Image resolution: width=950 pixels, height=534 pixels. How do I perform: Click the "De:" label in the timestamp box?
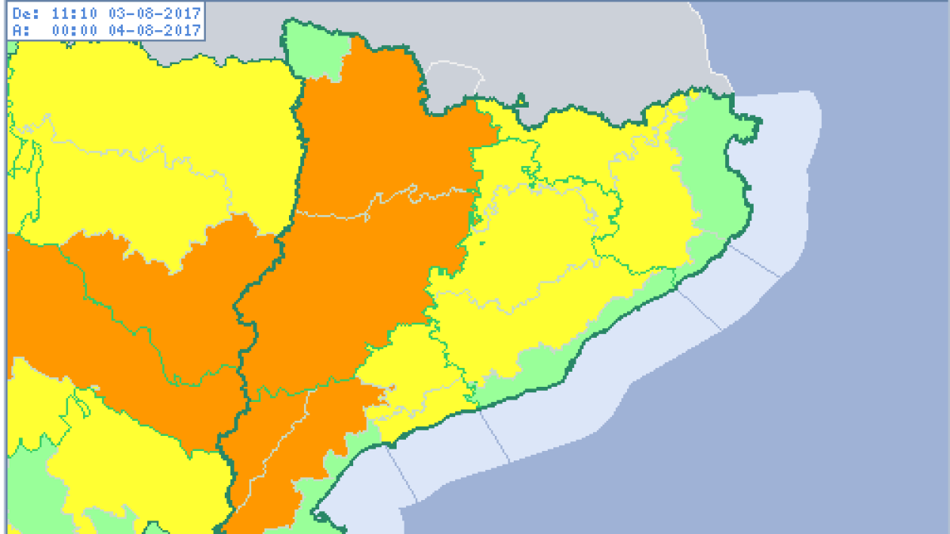coord(25,13)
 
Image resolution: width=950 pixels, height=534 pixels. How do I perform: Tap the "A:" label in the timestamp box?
coord(21,30)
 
